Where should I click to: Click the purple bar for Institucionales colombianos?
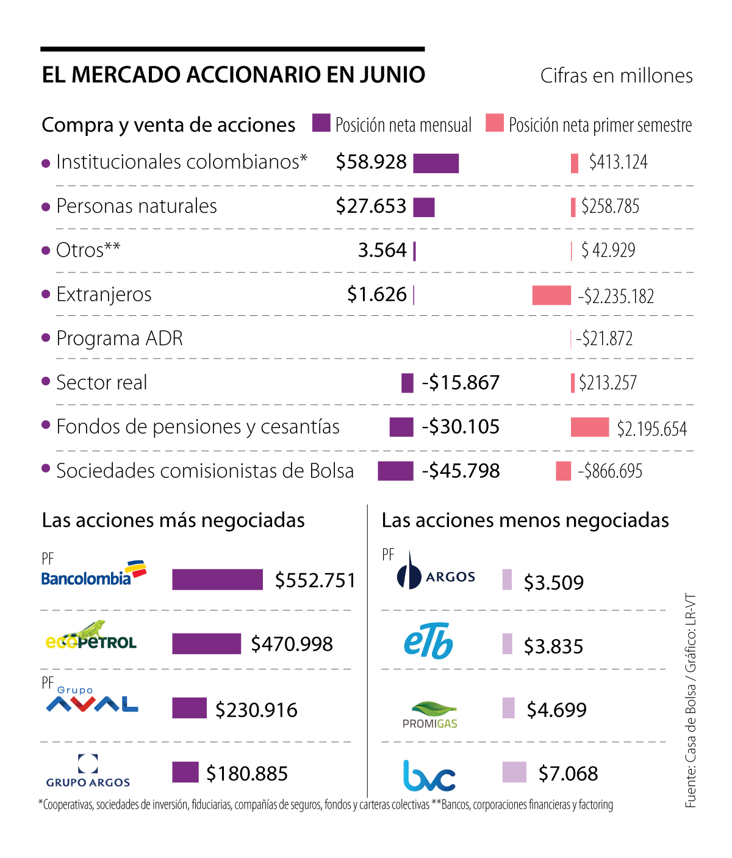point(436,163)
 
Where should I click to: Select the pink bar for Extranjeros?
point(551,295)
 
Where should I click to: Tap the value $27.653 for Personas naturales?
point(371,206)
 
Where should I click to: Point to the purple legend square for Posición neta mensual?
point(321,123)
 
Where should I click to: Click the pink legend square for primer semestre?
point(495,123)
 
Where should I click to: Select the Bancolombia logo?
point(94,574)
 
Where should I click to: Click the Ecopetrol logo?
point(91,637)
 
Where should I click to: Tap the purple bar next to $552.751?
point(217,579)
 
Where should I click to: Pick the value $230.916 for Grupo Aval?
point(256,710)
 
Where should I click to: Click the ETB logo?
point(428,642)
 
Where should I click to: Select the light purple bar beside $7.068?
point(514,772)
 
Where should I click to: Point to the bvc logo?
point(429,776)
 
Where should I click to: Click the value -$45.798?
point(461,471)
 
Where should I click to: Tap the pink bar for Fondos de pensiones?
point(589,427)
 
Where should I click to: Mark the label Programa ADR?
point(120,338)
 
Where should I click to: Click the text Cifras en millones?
point(616,76)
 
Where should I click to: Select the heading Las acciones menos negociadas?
point(525,520)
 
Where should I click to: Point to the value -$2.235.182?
point(615,296)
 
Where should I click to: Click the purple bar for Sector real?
point(407,383)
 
